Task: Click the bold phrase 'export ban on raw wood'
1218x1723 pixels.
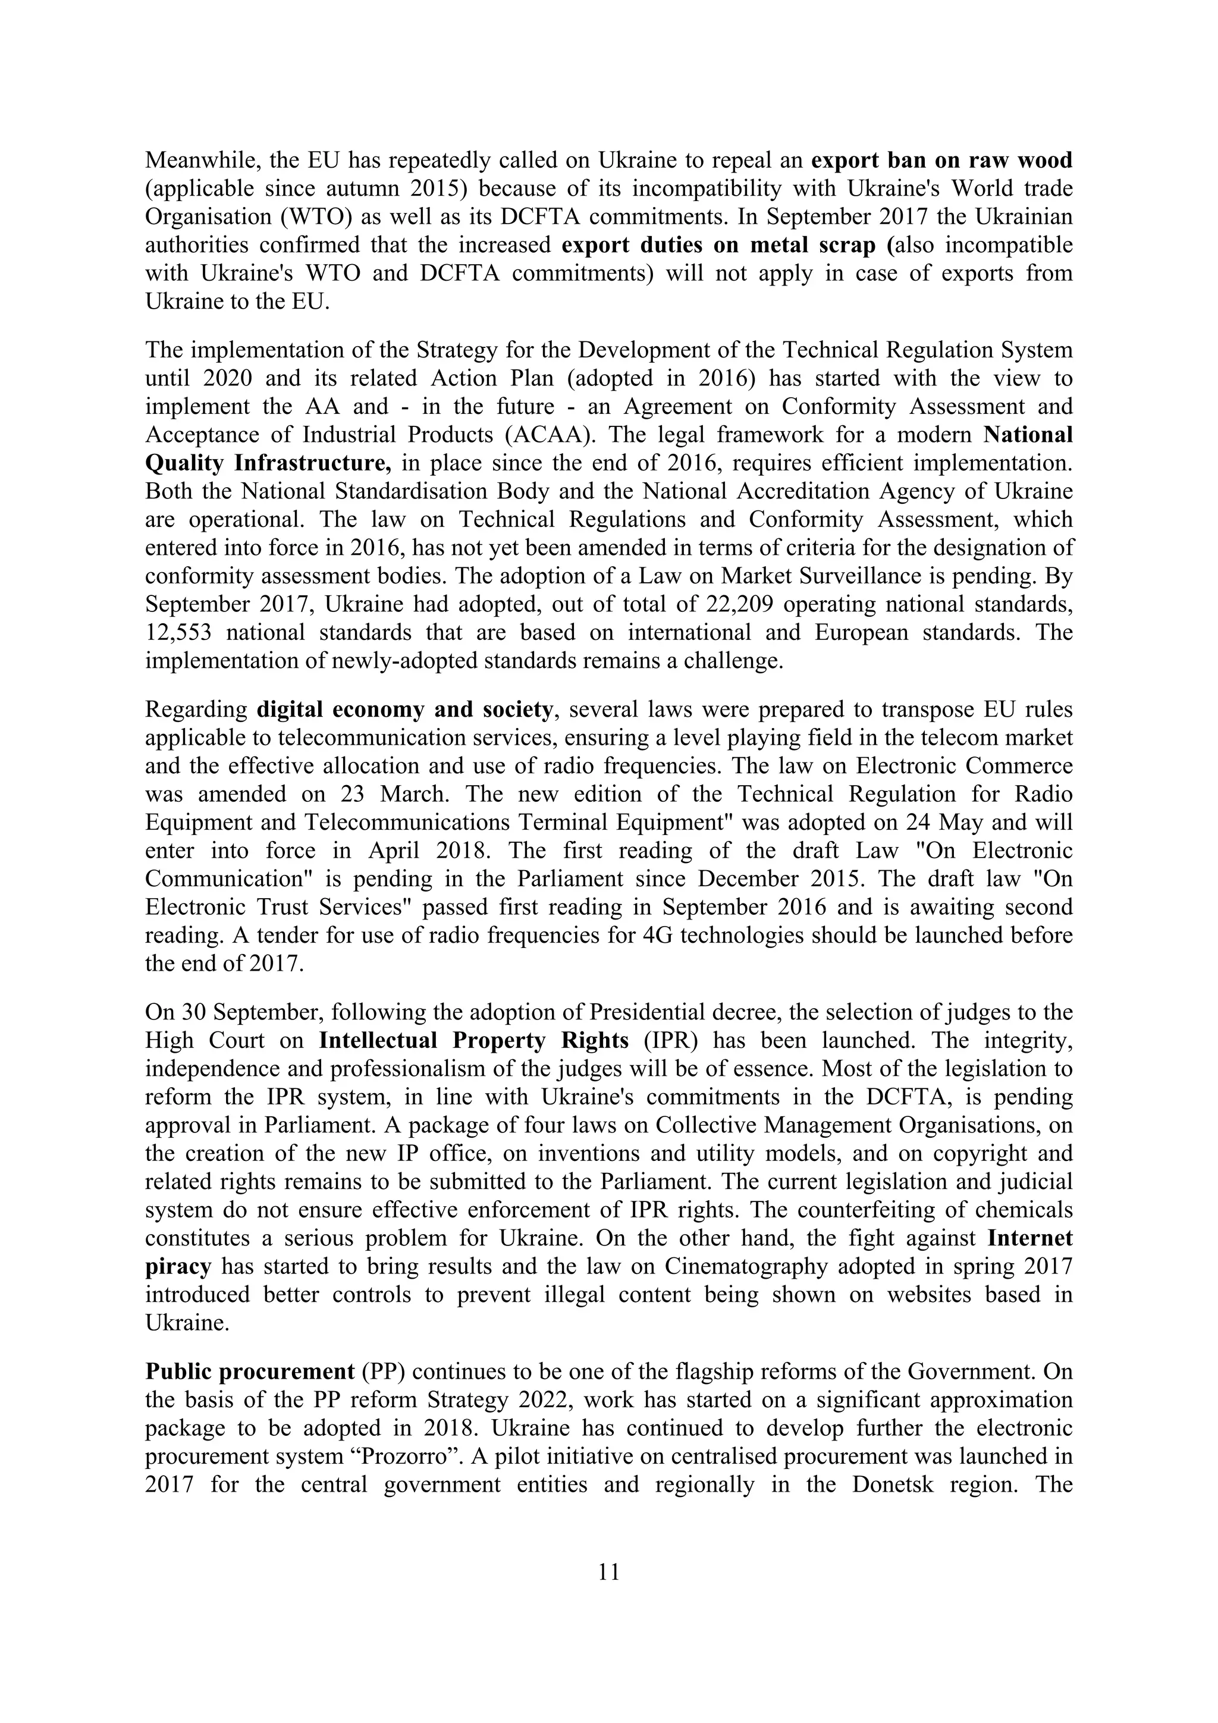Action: click(x=942, y=160)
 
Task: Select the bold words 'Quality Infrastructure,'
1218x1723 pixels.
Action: click(x=268, y=463)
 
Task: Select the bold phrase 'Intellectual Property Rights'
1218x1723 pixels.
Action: click(x=473, y=1040)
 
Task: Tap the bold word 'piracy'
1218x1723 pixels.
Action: click(x=178, y=1266)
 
